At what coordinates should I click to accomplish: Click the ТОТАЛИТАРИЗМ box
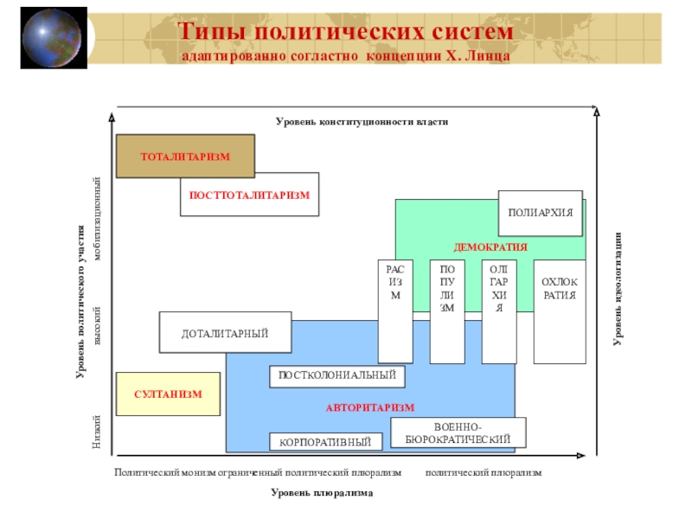coord(185,156)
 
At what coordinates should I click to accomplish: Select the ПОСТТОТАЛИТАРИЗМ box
coord(249,195)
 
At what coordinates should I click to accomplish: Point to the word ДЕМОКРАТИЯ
coord(490,247)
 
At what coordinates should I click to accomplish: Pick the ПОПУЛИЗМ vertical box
coord(446,311)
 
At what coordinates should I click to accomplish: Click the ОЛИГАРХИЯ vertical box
coord(498,311)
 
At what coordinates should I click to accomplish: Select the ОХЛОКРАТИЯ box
coord(559,311)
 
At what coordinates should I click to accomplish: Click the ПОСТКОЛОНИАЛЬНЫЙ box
coord(336,375)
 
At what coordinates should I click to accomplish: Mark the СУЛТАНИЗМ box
coord(168,394)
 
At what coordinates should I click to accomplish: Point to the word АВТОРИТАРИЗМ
coord(370,407)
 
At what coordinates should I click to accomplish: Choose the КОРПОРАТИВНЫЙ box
coord(325,442)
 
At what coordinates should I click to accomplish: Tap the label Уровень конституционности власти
coord(362,122)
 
